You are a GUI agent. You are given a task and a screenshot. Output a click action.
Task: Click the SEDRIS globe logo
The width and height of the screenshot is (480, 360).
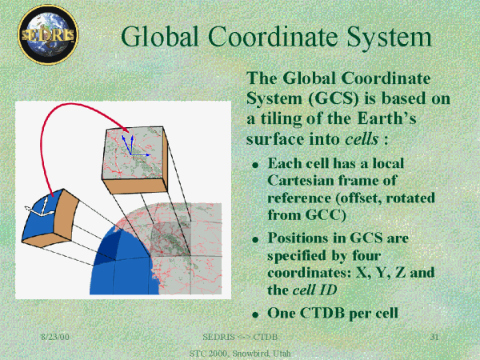48,34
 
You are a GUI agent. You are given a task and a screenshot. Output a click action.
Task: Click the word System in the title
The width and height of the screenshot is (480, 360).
389,37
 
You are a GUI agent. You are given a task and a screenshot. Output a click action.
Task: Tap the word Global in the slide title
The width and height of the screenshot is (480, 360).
160,36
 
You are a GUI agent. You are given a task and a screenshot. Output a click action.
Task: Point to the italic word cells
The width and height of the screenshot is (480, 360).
362,138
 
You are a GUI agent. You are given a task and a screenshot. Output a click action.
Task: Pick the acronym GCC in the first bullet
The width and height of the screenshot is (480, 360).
326,214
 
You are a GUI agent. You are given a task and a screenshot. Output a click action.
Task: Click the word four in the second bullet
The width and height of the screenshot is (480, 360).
366,255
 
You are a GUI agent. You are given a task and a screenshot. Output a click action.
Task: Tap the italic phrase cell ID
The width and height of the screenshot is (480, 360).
314,290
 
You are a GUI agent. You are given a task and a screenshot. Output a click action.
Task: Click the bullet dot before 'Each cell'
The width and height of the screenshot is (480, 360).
255,166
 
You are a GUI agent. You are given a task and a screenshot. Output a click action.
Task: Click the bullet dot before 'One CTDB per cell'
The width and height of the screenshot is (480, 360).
255,314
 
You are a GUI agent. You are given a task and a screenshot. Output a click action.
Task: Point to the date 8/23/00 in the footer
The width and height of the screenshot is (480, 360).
55,337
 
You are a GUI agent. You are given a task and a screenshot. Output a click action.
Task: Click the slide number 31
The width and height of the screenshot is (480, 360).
434,337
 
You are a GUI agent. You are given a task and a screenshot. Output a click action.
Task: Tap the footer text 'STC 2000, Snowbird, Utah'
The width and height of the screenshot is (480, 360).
240,354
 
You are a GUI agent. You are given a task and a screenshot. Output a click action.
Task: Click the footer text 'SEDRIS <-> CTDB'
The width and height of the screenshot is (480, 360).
240,337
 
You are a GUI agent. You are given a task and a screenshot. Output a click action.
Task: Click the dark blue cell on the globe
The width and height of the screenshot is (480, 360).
108,246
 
